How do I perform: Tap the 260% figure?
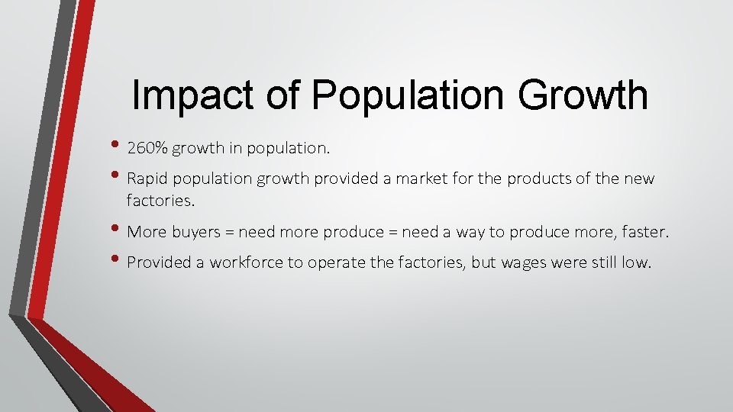pos(147,148)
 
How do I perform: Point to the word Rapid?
pos(145,179)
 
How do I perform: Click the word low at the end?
pos(638,262)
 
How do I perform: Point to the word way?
pos(470,233)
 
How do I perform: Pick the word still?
pos(603,262)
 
